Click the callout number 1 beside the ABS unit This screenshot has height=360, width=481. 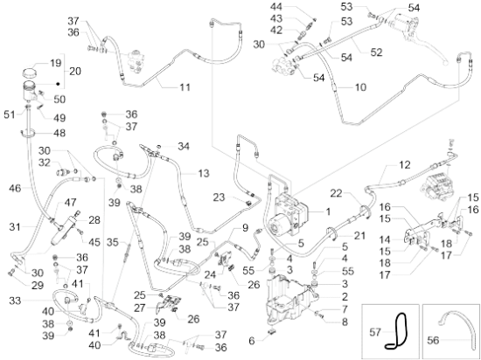(x=328, y=211)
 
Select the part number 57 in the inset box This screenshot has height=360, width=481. (x=375, y=332)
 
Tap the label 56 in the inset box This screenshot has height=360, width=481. (x=433, y=340)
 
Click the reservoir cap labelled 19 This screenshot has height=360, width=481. (x=30, y=73)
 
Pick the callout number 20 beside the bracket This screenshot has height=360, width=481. (x=75, y=71)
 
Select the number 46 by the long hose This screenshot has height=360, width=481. (x=15, y=188)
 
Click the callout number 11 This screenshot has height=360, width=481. (x=185, y=87)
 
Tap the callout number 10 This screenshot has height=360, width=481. (x=360, y=87)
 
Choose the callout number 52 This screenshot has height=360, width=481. (x=376, y=52)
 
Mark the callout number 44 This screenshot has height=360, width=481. (x=276, y=7)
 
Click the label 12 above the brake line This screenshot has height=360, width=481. (x=405, y=165)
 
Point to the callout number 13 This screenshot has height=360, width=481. (x=204, y=173)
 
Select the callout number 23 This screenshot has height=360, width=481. (x=219, y=197)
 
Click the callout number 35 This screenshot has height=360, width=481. (x=113, y=243)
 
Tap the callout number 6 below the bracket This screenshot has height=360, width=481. (x=252, y=341)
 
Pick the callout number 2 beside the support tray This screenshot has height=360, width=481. (x=345, y=296)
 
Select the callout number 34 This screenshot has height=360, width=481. (x=184, y=146)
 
